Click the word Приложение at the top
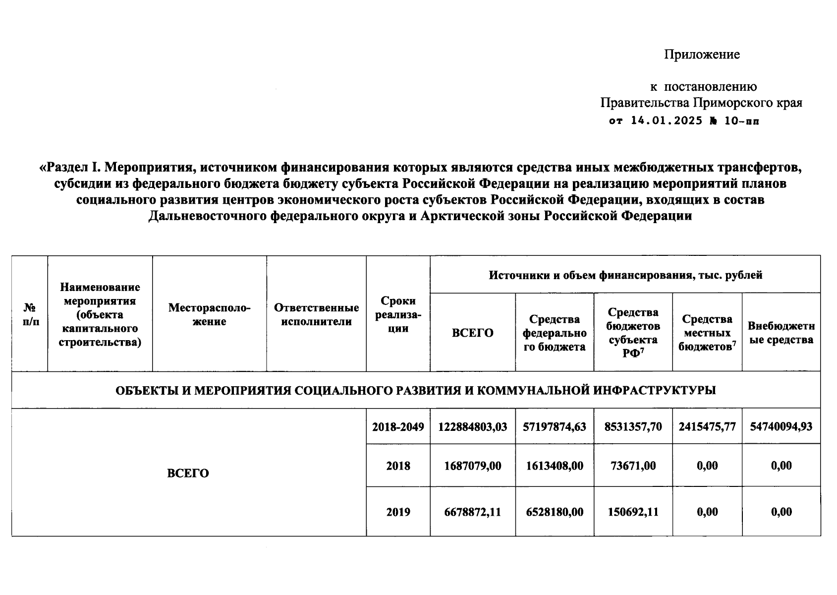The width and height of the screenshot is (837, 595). coord(702,55)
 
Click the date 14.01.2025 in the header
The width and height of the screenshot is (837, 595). coord(667,120)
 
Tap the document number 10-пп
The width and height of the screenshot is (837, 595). coord(741,120)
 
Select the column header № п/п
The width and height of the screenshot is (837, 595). coord(30,314)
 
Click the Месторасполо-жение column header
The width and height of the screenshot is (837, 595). coord(209,314)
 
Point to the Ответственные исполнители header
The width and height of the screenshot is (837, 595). coord(316,314)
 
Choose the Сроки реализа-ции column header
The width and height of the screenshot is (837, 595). coord(398,314)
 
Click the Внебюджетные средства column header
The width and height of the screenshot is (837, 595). coord(781,333)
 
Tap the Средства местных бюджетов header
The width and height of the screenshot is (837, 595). coord(707,333)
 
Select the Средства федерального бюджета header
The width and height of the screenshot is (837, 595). coord(555,333)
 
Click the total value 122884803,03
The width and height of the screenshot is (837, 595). coord(473,426)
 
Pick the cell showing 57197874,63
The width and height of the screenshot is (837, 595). coord(555,426)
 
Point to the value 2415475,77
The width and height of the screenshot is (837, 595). coord(707,426)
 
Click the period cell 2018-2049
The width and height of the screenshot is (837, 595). coord(398,426)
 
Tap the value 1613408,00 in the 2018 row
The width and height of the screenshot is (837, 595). coord(555,466)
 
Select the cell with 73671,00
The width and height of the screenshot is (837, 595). coord(633,466)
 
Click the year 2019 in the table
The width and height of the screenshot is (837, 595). coord(398,512)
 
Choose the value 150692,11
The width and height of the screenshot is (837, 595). coord(633,512)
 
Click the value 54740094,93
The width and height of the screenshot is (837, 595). coord(781,426)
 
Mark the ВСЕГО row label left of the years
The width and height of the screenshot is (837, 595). coord(188,473)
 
